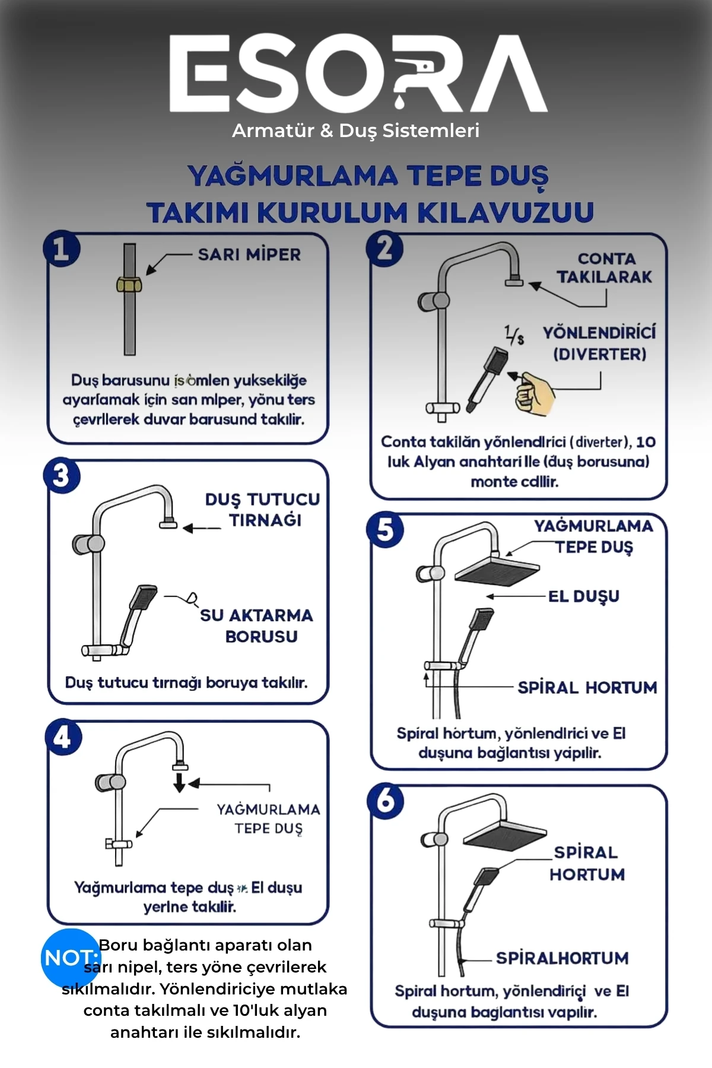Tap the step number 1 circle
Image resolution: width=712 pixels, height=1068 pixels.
coord(61,249)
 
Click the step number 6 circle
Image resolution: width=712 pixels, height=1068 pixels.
coord(385,802)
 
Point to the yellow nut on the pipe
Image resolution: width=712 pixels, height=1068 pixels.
coord(129,284)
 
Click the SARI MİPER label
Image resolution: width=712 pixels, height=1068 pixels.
coord(249,255)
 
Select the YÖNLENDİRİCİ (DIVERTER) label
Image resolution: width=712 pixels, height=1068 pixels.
coord(599,343)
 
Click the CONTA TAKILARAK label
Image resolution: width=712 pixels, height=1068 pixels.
coord(605,268)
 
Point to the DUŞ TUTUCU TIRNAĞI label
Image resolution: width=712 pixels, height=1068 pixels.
coord(262,510)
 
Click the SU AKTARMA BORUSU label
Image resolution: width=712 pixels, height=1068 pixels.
coord(256,625)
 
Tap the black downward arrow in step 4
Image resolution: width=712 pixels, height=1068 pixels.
coord(179,782)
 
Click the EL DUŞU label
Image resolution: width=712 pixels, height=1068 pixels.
coord(583,596)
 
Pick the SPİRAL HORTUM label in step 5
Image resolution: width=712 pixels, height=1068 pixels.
coord(587,688)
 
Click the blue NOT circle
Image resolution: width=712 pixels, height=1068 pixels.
coord(70,958)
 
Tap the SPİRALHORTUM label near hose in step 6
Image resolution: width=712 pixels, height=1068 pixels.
coord(562,958)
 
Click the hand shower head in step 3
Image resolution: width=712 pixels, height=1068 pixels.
coord(144,596)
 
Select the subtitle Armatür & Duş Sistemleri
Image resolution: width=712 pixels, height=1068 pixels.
coord(355,131)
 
